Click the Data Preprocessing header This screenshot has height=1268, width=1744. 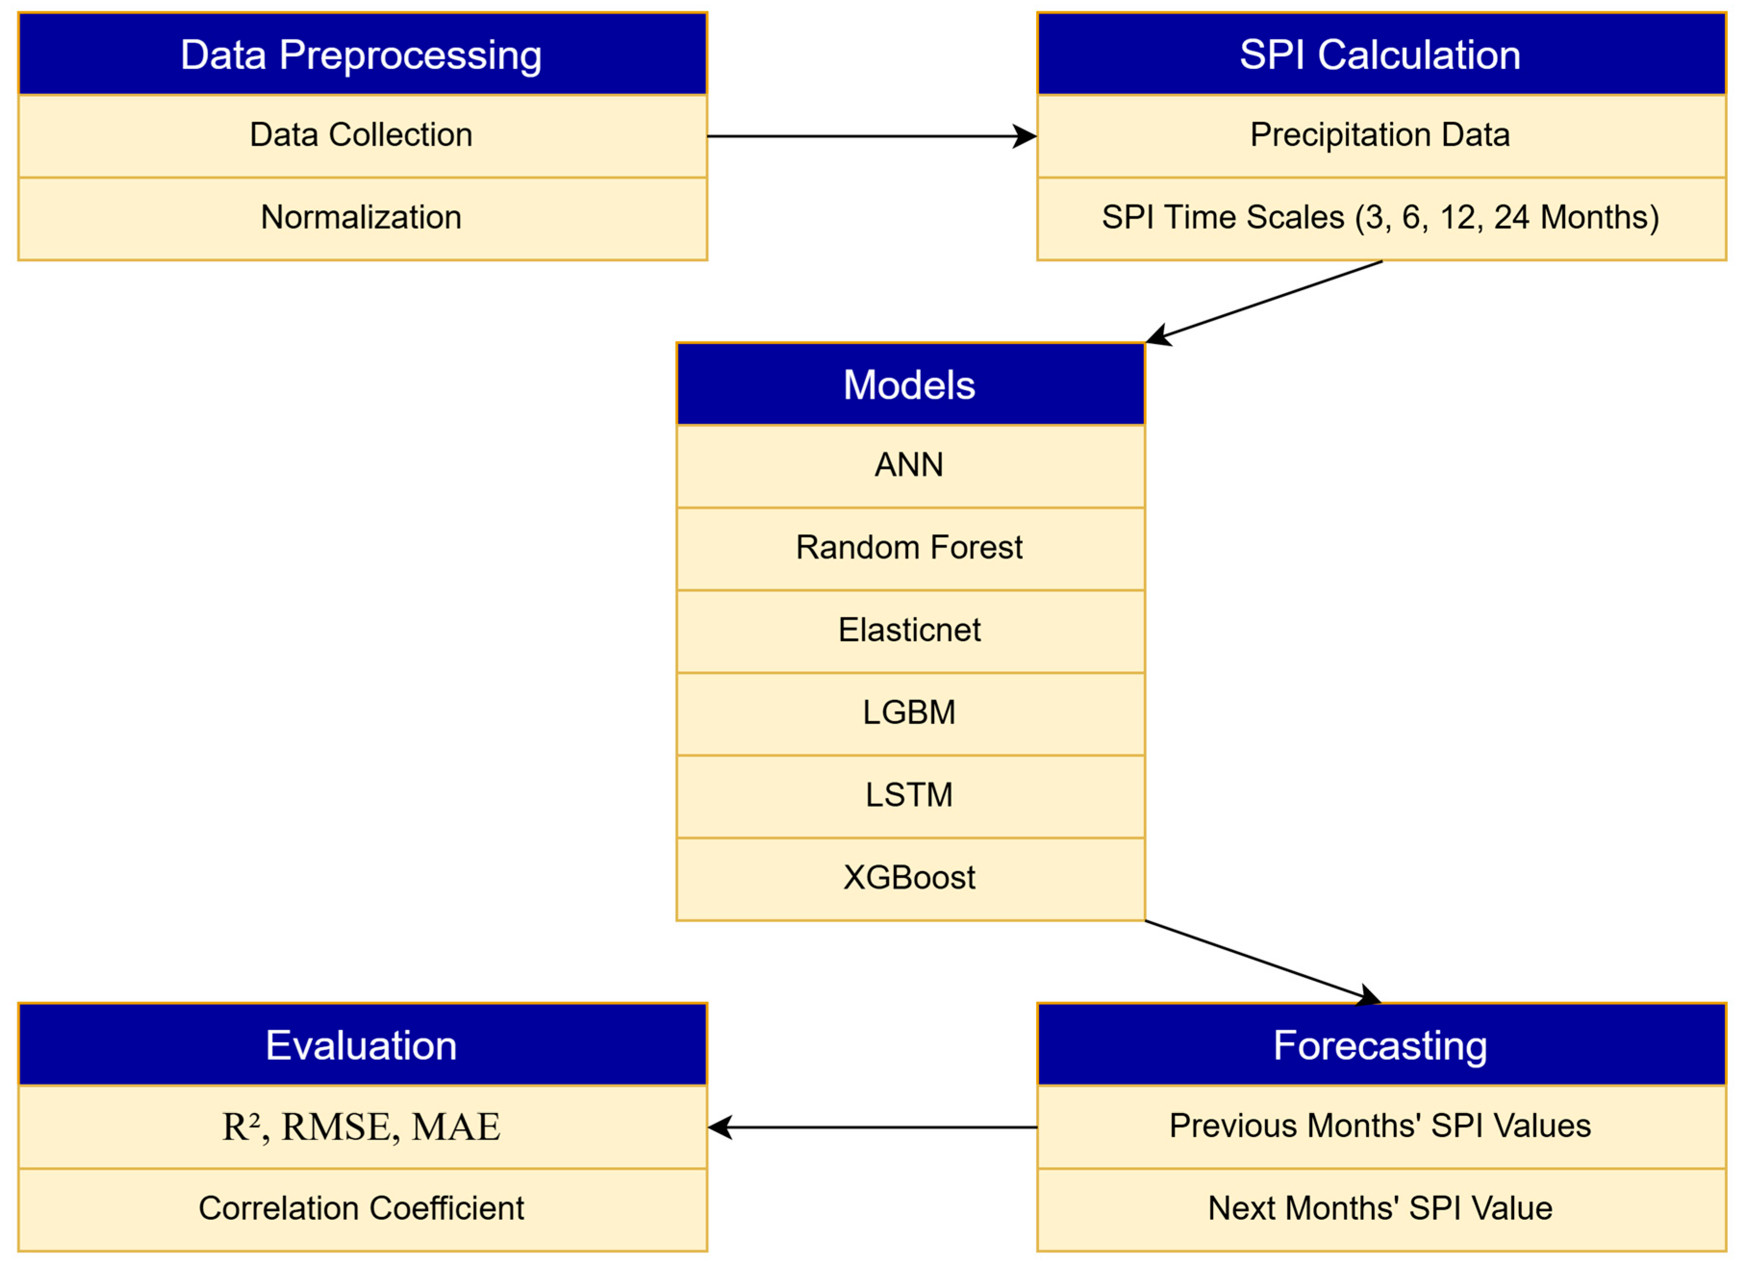[362, 55]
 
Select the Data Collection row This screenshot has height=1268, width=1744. [362, 135]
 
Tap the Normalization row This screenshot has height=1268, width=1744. [362, 218]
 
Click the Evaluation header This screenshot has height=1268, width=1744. [362, 1046]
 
